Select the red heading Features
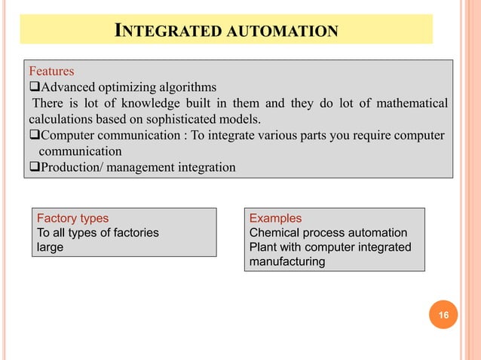coord(51,72)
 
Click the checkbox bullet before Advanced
coord(34,87)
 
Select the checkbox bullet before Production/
coord(34,166)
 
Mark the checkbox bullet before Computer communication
coord(34,135)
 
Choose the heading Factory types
coord(73,218)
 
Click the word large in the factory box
coord(51,247)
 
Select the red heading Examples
coord(275,218)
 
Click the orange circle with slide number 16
coord(444,316)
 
